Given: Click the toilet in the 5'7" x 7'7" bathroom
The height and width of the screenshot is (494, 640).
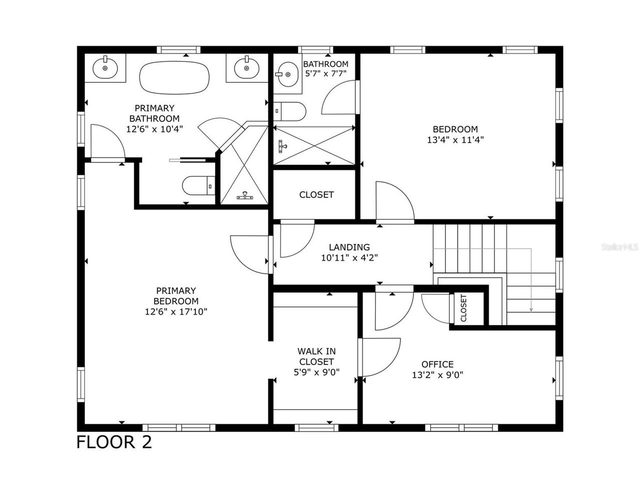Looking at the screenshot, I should pyautogui.click(x=290, y=111).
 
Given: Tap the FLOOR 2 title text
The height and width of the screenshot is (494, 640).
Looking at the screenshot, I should pyautogui.click(x=114, y=442).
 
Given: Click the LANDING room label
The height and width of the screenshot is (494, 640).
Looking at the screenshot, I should pyautogui.click(x=349, y=247).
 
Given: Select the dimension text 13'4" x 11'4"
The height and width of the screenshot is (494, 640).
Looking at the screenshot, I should pyautogui.click(x=455, y=140).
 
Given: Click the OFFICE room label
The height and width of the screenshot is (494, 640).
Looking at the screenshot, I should pyautogui.click(x=437, y=364).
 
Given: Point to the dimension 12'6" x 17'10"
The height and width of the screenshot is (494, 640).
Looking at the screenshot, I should pyautogui.click(x=176, y=312).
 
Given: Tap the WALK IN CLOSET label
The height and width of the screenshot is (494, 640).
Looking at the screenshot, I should pyautogui.click(x=316, y=356).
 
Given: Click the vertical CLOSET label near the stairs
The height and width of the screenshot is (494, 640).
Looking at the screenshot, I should pyautogui.click(x=463, y=308).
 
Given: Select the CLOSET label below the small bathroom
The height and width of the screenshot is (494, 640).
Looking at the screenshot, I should pyautogui.click(x=316, y=194).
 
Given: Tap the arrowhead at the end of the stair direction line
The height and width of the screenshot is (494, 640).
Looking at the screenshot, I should pyautogui.click(x=531, y=310).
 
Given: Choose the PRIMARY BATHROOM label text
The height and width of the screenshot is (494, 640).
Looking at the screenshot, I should pyautogui.click(x=154, y=113).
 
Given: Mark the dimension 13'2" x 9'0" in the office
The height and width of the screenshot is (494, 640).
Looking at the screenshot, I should pyautogui.click(x=437, y=375).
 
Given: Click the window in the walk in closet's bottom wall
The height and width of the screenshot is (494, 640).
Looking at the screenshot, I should pyautogui.click(x=315, y=427).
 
